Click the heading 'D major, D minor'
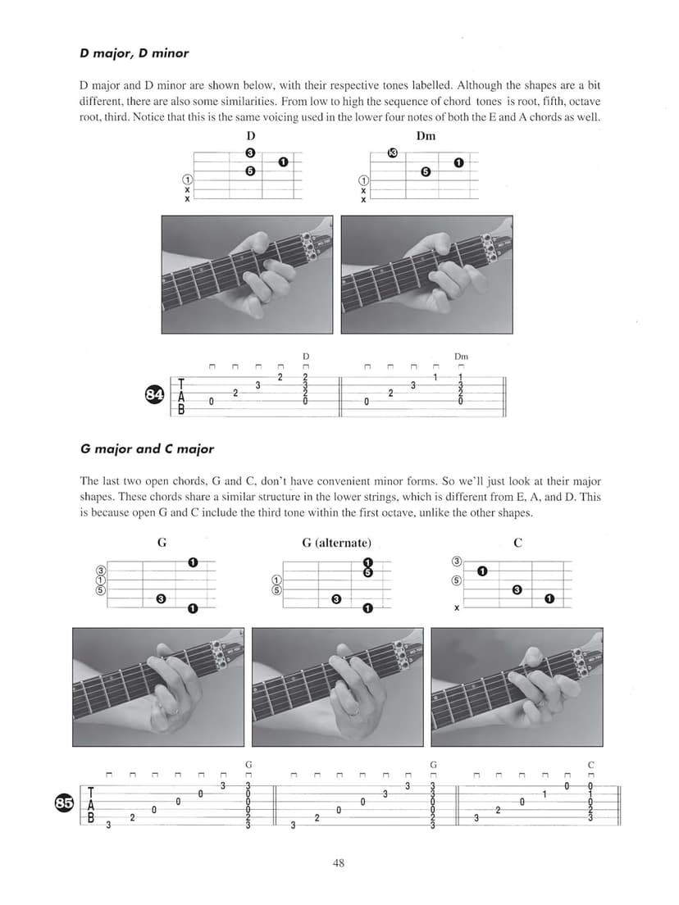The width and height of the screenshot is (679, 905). [134, 53]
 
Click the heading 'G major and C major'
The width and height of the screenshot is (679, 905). [147, 449]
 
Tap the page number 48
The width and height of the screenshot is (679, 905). [339, 862]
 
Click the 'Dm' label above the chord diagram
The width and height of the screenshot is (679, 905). [426, 135]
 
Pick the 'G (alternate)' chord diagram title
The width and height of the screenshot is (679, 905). [336, 543]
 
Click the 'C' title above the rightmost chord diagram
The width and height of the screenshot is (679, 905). [517, 543]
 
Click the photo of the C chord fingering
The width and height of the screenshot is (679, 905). [517, 686]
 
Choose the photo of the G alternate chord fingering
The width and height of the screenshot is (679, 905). [338, 686]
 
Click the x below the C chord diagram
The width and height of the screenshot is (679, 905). [457, 608]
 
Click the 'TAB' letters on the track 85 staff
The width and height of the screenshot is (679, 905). [91, 804]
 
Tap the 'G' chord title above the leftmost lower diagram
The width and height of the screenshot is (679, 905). [162, 543]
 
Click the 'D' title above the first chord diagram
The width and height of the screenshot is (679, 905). [250, 135]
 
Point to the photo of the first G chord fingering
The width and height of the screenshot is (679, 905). [158, 686]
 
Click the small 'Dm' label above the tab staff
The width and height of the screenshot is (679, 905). [461, 357]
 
